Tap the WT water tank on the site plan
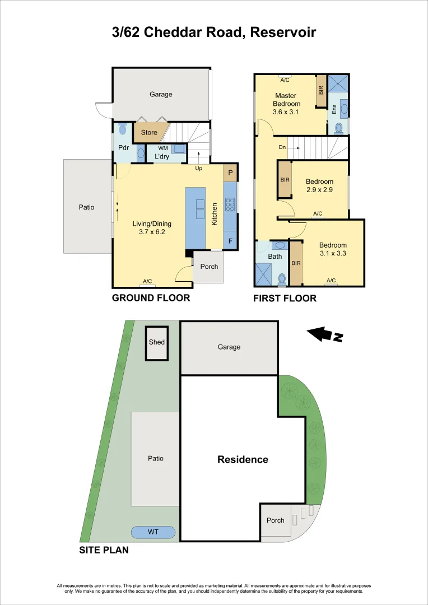pyautogui.click(x=153, y=531)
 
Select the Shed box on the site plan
pyautogui.click(x=157, y=342)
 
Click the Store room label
pyautogui.click(x=149, y=133)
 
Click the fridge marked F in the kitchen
pyautogui.click(x=230, y=241)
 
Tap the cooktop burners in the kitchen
pyautogui.click(x=230, y=206)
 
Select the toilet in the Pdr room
pyautogui.click(x=123, y=128)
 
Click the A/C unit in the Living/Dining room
pyautogui.click(x=148, y=282)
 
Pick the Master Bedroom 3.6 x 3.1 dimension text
pyautogui.click(x=286, y=111)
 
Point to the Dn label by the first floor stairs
pyautogui.click(x=282, y=148)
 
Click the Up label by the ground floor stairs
pyautogui.click(x=198, y=168)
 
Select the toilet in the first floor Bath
pyautogui.click(x=282, y=278)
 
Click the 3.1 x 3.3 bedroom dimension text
pyautogui.click(x=333, y=253)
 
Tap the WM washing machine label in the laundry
pyautogui.click(x=164, y=148)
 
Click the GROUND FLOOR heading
pyautogui.click(x=151, y=298)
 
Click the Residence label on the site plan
pyautogui.click(x=243, y=459)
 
